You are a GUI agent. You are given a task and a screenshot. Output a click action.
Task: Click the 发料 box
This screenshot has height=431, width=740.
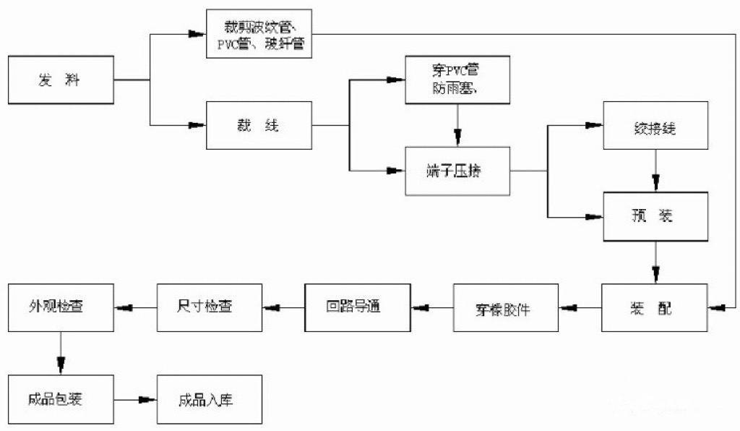pyautogui.click(x=61, y=80)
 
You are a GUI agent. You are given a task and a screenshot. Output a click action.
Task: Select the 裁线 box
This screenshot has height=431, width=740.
pyautogui.click(x=259, y=126)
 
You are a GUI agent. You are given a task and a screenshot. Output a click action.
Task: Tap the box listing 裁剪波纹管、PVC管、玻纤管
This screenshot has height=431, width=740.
pyautogui.click(x=259, y=33)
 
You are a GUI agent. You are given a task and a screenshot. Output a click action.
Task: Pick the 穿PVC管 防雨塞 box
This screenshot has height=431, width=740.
pyautogui.click(x=457, y=80)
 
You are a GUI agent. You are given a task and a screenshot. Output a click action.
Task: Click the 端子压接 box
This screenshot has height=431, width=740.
pyautogui.click(x=457, y=171)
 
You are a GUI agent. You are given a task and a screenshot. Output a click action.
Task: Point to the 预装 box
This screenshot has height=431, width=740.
pyautogui.click(x=655, y=216)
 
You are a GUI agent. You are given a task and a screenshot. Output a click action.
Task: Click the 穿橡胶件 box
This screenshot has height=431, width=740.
pyautogui.click(x=507, y=308)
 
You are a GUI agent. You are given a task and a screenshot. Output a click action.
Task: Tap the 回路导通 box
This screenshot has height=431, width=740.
pyautogui.click(x=358, y=307)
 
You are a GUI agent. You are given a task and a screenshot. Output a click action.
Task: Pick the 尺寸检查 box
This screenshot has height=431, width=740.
pyautogui.click(x=209, y=307)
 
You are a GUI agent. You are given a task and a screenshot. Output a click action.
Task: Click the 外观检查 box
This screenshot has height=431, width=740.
pyautogui.click(x=61, y=307)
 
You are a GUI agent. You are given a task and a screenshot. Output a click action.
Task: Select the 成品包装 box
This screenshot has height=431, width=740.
pyautogui.click(x=61, y=399)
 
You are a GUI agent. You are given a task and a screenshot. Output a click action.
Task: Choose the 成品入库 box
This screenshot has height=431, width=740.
pyautogui.click(x=209, y=399)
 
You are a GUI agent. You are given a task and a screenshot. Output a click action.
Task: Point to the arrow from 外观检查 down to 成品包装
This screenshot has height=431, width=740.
pyautogui.click(x=61, y=354)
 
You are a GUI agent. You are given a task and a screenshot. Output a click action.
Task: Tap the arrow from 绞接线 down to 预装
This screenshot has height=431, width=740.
pyautogui.click(x=655, y=171)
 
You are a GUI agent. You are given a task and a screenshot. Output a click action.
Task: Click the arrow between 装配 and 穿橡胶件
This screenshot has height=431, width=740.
pyautogui.click(x=581, y=308)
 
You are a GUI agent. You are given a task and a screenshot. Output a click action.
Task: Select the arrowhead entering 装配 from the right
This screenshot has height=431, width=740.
pyautogui.click(x=717, y=308)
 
